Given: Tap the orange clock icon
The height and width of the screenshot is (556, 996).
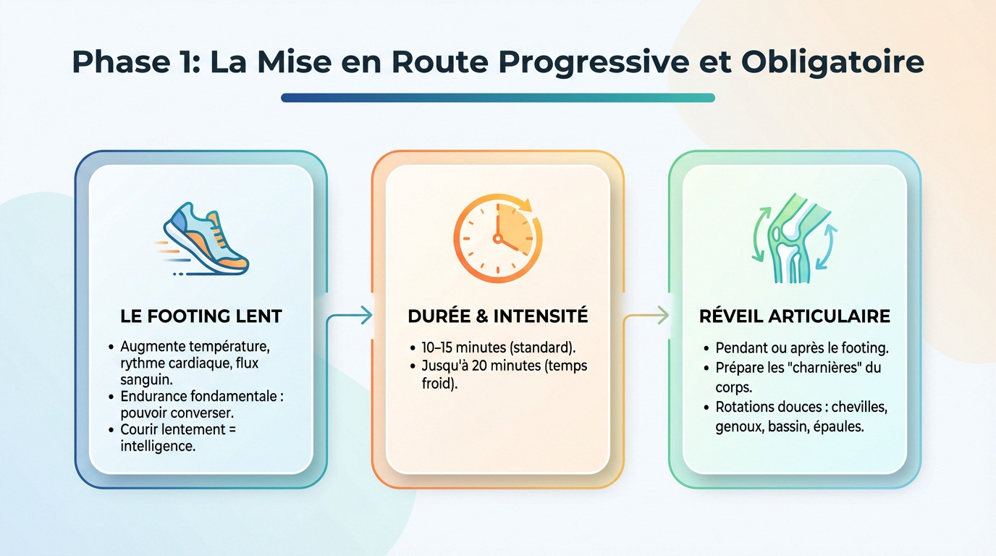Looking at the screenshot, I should tap(498, 237).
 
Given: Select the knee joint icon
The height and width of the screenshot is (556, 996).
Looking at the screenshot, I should tap(794, 237).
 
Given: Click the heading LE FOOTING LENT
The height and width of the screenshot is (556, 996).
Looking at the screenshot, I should tap(201, 316).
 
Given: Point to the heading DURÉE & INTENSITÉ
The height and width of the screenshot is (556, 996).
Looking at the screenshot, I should tap(498, 316).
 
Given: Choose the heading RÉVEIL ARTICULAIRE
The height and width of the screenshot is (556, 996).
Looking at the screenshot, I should tap(795, 316).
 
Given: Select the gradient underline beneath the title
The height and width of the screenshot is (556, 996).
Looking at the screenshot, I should tap(498, 98).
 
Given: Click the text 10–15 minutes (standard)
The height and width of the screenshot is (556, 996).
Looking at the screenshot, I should tap(499, 347).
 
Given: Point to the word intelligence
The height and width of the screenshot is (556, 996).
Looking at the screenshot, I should tap(157, 446).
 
